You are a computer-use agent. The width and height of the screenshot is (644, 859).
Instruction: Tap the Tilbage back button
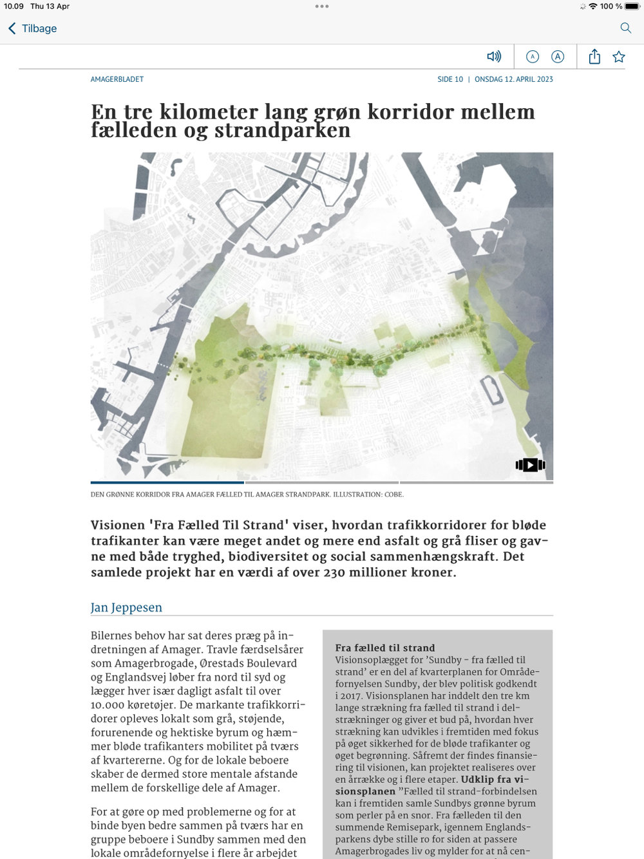click(x=32, y=28)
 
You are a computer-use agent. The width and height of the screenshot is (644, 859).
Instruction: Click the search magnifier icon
click(x=625, y=28)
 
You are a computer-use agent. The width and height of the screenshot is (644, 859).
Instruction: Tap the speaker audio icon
click(x=494, y=57)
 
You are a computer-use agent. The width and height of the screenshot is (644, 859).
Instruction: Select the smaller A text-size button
click(x=533, y=57)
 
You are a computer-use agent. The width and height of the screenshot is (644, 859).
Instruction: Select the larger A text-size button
click(x=558, y=57)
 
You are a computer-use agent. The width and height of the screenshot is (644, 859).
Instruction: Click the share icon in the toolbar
click(x=594, y=57)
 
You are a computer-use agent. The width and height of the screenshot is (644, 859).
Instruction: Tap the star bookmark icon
click(x=619, y=57)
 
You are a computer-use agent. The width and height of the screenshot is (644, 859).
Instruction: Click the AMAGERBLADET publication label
click(x=117, y=79)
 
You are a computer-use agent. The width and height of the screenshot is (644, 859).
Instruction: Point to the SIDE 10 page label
click(x=450, y=79)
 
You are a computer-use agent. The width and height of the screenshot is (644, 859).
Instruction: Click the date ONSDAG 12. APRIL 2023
click(x=514, y=79)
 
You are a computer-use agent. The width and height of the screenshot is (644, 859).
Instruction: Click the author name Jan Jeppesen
click(x=126, y=607)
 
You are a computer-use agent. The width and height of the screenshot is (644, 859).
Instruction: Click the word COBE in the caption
click(x=393, y=495)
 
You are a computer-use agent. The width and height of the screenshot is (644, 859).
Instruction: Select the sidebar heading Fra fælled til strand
click(x=385, y=648)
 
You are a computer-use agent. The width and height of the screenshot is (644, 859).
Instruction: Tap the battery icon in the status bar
click(x=632, y=6)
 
